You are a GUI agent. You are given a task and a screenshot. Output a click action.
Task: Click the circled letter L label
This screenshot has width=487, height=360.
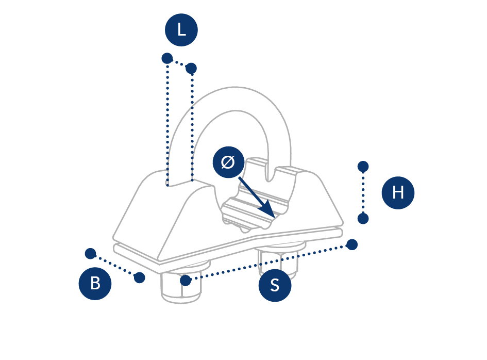pos(181,30)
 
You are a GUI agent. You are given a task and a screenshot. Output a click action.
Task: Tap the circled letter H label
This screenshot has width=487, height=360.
pos(398,192)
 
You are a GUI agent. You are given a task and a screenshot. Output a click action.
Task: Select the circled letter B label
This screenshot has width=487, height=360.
pos(95,283)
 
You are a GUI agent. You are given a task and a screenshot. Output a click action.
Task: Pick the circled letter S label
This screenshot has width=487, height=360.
pos(275,285)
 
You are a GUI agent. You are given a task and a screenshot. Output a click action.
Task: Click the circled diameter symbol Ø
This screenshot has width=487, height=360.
pos(229,162)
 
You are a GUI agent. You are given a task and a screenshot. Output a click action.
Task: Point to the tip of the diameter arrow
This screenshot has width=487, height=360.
pos(273,216)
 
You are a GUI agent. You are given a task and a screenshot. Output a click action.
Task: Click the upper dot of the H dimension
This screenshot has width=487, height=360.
pos(363,166)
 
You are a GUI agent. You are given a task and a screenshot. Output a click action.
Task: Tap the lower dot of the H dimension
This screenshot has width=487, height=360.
pos(363,219)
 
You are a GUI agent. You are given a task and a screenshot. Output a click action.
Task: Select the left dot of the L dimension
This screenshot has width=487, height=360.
pos(167,58)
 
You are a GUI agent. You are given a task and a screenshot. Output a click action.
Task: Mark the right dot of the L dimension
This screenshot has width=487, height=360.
pos(191,68)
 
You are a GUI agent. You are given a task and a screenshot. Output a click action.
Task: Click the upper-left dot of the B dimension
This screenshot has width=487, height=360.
pos(90,253)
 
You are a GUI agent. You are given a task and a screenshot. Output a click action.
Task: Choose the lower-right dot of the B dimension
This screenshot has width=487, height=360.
pos(139,277)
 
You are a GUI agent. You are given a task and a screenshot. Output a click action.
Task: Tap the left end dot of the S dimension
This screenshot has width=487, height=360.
pos(186,281)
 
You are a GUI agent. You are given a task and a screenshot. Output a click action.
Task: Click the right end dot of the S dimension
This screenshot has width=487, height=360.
pos(352,244)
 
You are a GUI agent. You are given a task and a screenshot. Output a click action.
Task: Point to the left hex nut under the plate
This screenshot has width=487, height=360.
pos(180,289)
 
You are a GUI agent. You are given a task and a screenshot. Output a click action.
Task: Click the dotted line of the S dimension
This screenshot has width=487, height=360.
pos(268,263)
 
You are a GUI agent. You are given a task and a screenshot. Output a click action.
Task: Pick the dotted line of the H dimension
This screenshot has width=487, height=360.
pos(363,192)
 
